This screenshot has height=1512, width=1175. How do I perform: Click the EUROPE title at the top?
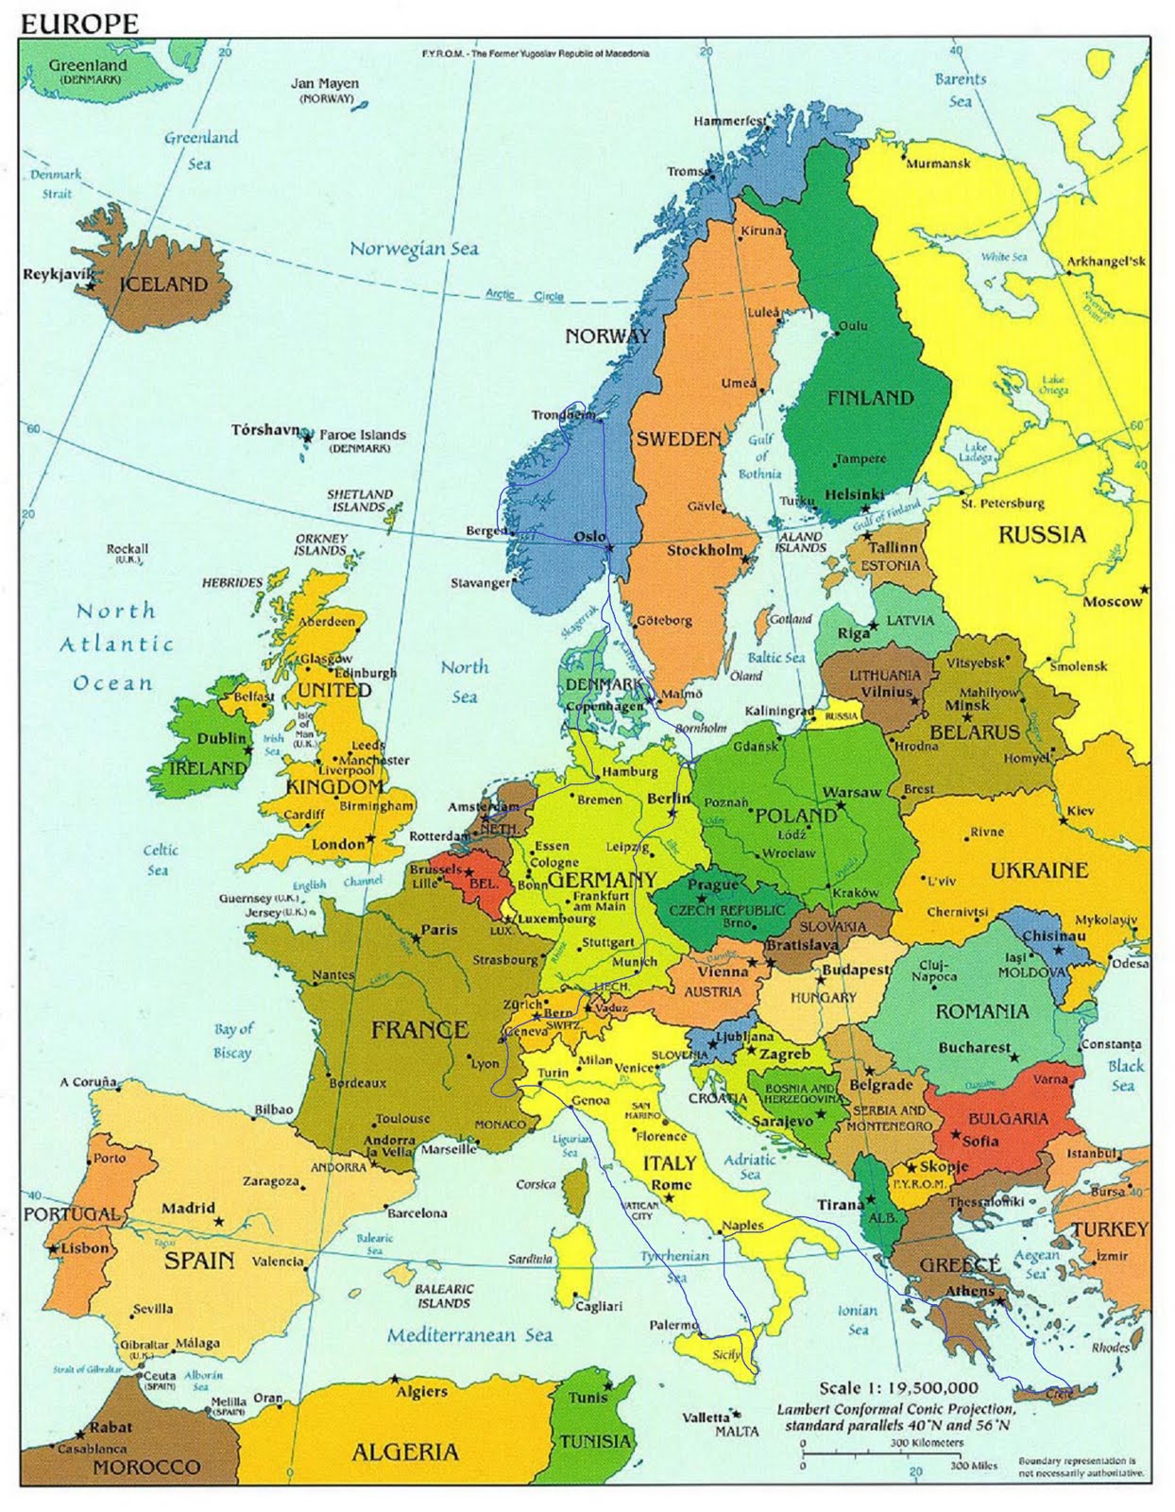tap(78, 25)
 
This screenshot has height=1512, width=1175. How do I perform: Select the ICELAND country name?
tap(162, 284)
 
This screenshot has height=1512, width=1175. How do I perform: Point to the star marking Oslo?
tap(609, 548)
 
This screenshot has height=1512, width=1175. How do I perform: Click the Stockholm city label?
tap(705, 550)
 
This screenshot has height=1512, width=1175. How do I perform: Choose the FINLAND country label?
tap(870, 398)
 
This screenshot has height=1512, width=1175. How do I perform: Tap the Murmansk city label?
tap(938, 163)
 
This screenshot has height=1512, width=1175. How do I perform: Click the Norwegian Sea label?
tap(414, 249)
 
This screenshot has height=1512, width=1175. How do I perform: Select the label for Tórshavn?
tap(265, 430)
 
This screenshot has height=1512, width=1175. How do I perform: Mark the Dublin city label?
tap(221, 738)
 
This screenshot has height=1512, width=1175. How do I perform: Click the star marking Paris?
tap(416, 939)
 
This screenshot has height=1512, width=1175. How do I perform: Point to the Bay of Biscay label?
tap(232, 1040)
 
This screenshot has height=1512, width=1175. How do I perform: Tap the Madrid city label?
tap(188, 1208)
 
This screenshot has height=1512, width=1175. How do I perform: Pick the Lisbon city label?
tap(85, 1247)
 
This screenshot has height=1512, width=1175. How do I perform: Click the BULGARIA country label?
tap(1008, 1119)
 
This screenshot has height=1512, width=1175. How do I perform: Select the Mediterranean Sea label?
tap(469, 1335)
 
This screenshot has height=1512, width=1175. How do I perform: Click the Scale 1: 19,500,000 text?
tap(898, 1387)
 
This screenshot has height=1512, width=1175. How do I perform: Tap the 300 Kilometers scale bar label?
tap(926, 1443)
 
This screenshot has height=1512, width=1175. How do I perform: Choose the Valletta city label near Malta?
tap(706, 1417)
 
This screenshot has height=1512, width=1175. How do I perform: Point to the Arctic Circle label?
tap(524, 295)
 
